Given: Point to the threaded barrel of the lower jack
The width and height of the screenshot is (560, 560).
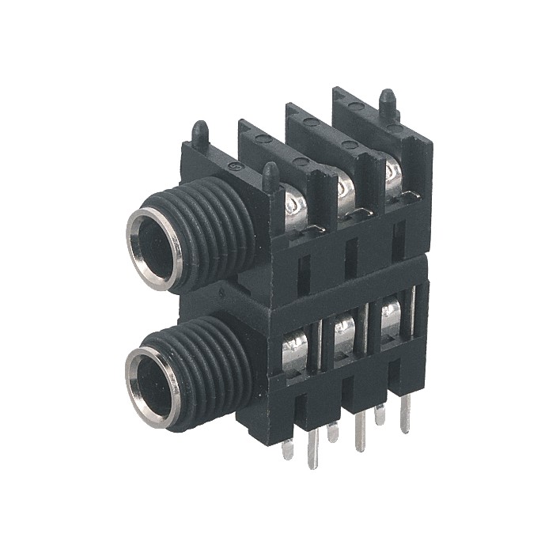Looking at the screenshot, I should coord(214,364).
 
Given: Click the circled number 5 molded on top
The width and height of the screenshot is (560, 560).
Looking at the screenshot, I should coord(233,167).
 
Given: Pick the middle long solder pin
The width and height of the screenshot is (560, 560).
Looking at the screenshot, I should coord(361,434).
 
